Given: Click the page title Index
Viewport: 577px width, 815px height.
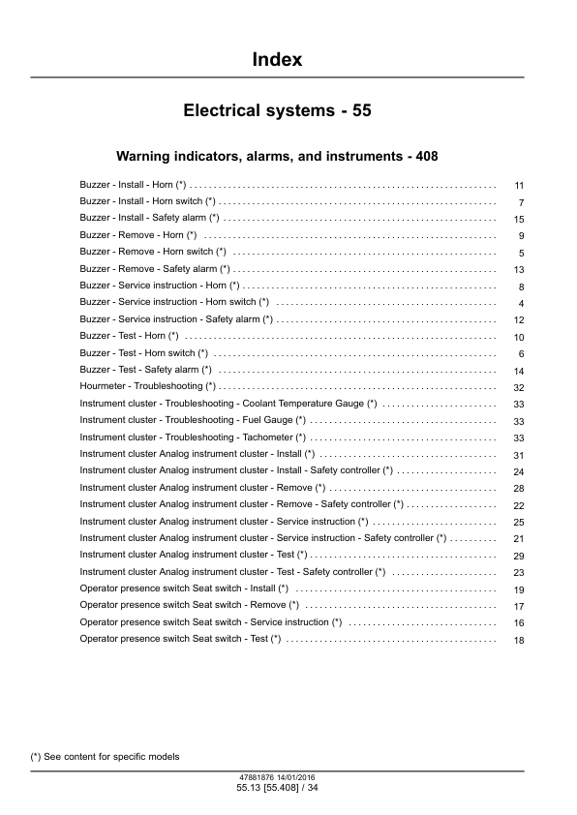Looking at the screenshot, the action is tap(277, 60).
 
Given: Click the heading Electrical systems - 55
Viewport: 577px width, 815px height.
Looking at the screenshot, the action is tap(277, 111).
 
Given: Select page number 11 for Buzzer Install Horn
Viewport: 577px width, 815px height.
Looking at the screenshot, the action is tap(519, 186).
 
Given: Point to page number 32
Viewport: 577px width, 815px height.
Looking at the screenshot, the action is tap(519, 387).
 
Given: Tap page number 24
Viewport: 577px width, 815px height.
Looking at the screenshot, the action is tap(519, 471).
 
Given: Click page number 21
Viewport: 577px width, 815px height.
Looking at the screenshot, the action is tap(519, 539).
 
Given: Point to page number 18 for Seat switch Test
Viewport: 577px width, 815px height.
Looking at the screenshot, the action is tap(519, 641).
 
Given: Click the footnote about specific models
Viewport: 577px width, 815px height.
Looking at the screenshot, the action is tap(105, 756).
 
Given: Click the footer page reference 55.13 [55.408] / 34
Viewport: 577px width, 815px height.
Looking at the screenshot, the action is tap(277, 790).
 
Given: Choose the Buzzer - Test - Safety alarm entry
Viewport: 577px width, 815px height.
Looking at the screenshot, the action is tap(145, 370).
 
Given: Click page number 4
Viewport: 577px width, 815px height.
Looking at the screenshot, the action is tap(521, 304).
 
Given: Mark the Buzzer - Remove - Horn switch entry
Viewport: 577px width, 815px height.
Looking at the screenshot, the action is tap(152, 252).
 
